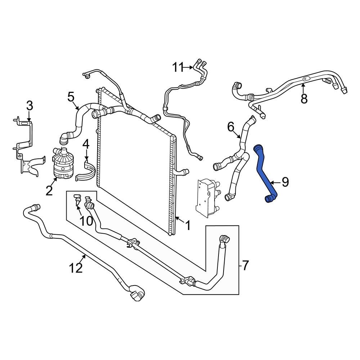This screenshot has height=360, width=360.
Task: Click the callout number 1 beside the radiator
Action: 188,225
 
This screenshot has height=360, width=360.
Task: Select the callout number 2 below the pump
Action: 49,190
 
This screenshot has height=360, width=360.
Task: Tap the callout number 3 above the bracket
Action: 30,106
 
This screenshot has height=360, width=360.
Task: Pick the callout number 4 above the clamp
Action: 86,144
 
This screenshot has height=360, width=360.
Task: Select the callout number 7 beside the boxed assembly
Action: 245,266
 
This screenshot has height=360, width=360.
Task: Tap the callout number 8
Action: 304,98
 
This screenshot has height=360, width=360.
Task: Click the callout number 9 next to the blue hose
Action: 285,182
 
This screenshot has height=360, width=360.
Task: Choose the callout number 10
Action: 86,221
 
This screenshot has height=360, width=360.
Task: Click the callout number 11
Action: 178,67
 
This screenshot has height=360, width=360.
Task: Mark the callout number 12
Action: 76,267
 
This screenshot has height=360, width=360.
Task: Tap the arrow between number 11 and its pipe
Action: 189,67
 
